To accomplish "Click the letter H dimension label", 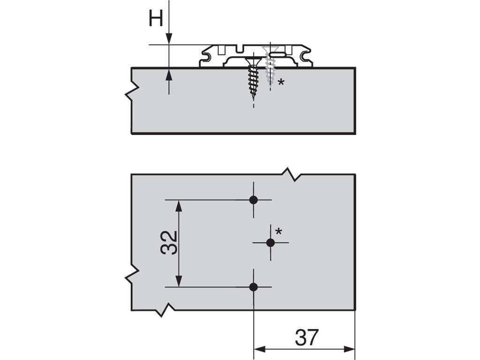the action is click(156, 19).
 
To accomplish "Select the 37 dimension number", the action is click(307, 337).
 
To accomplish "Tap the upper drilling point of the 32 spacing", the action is click(254, 200).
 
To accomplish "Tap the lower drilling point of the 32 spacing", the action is click(254, 287).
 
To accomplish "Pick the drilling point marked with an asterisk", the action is click(270, 242).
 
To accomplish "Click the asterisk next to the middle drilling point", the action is click(279, 231).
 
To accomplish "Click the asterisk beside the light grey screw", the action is click(281, 82).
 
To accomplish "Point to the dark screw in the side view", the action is click(254, 77).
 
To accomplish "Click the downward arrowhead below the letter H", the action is click(169, 39).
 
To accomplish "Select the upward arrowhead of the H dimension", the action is click(169, 74).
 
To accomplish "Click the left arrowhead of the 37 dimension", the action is click(259, 349).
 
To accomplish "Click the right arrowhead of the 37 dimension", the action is click(350, 349).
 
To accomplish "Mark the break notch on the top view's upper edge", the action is click(292, 174).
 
